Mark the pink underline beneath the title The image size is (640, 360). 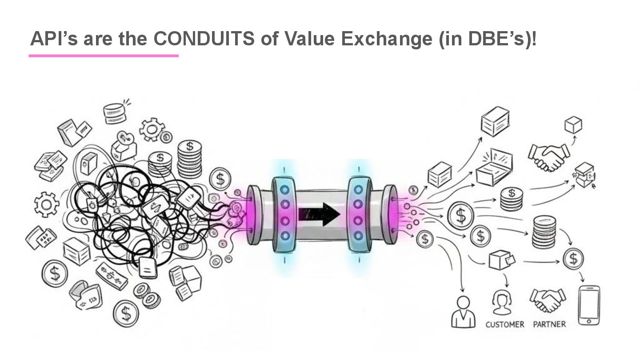click(x=104, y=56)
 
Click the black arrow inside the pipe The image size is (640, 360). click(x=319, y=214)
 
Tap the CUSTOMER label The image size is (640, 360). click(x=504, y=324)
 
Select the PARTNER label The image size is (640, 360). click(x=549, y=324)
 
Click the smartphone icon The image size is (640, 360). click(x=589, y=305)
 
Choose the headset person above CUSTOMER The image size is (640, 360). click(x=502, y=302)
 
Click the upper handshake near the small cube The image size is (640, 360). click(x=548, y=156)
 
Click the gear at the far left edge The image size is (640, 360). click(x=47, y=204)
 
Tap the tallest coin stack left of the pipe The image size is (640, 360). click(x=190, y=159)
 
